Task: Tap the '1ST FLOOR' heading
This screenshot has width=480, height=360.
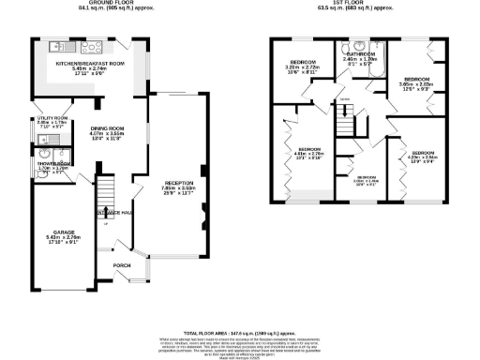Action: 350,3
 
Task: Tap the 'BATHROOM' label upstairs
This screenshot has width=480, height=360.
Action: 362,54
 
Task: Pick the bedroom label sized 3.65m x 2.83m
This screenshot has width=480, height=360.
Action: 417,79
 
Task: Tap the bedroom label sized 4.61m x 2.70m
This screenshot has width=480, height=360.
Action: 310,149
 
